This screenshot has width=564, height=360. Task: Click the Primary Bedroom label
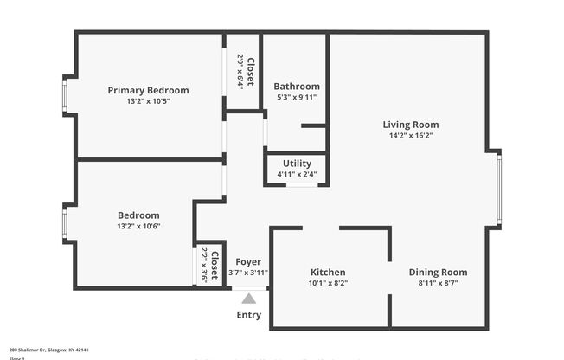pos(148,90)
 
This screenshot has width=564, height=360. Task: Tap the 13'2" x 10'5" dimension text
pos(148,101)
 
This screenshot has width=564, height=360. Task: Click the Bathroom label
pos(297,87)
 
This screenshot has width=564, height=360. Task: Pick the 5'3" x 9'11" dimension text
pos(297,97)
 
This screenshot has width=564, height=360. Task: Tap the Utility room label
pos(297,164)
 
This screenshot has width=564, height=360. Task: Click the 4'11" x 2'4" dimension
pos(297,174)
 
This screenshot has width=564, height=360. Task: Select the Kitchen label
pos(328,273)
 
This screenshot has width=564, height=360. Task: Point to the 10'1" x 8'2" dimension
pos(328,283)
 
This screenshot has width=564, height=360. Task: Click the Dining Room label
pos(438,273)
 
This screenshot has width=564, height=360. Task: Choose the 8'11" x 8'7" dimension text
pos(438,283)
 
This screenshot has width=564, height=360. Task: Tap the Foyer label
pos(248,262)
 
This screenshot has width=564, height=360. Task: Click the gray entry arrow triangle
pos(249,299)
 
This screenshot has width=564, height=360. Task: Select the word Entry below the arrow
pos(249,315)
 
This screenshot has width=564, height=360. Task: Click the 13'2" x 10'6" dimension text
pos(138,226)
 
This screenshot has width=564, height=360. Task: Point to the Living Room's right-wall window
pos(499,190)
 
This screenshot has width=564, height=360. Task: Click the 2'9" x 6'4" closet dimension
pos(240,71)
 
